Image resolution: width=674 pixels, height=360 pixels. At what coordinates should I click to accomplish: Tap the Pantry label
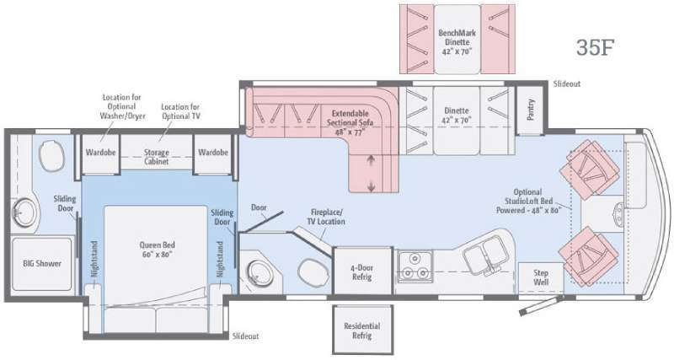click(531, 109)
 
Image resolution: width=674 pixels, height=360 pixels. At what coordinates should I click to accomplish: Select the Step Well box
click(540, 277)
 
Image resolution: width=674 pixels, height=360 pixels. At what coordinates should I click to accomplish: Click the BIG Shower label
click(41, 263)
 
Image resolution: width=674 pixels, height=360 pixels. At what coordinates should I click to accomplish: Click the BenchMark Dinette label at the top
click(457, 40)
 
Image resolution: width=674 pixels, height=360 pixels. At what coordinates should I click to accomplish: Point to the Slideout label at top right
click(566, 84)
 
